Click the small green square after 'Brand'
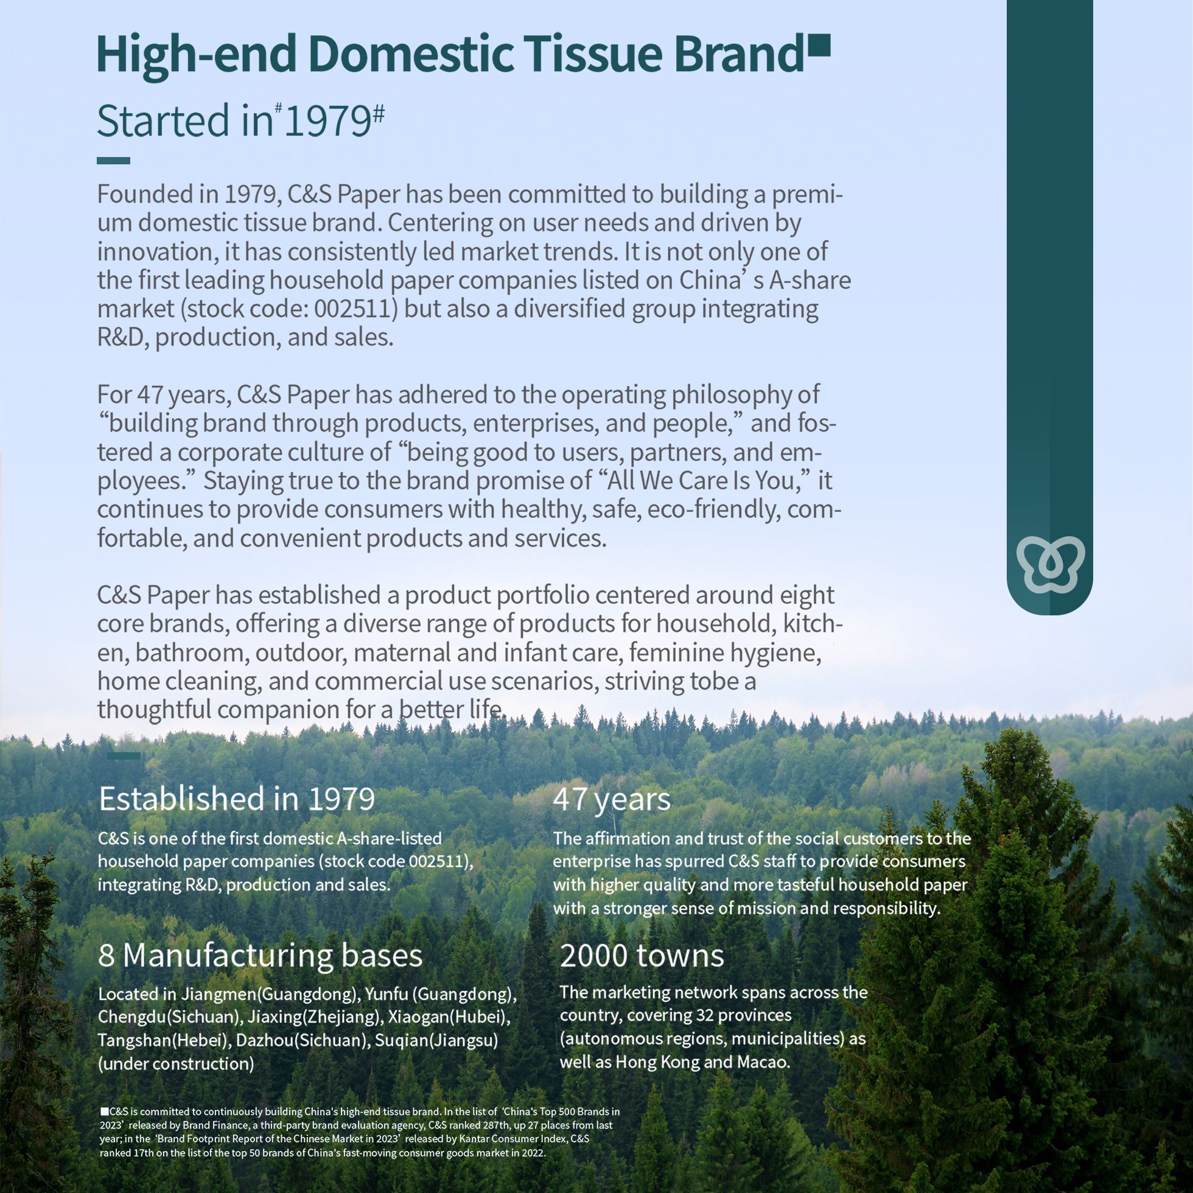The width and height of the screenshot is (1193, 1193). [x=819, y=46]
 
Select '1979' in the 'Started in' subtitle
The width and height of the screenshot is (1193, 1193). [x=327, y=121]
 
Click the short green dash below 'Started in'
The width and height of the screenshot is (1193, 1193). [x=113, y=161]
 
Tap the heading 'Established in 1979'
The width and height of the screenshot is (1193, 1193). [x=237, y=799]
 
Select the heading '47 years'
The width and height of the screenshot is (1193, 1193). [x=610, y=799]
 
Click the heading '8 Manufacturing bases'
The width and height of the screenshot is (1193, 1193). [x=260, y=955]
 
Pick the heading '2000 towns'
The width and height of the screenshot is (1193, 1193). [x=642, y=955]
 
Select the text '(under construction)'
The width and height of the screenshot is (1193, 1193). [x=176, y=1063]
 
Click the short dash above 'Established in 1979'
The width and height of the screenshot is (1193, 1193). [x=124, y=755]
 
